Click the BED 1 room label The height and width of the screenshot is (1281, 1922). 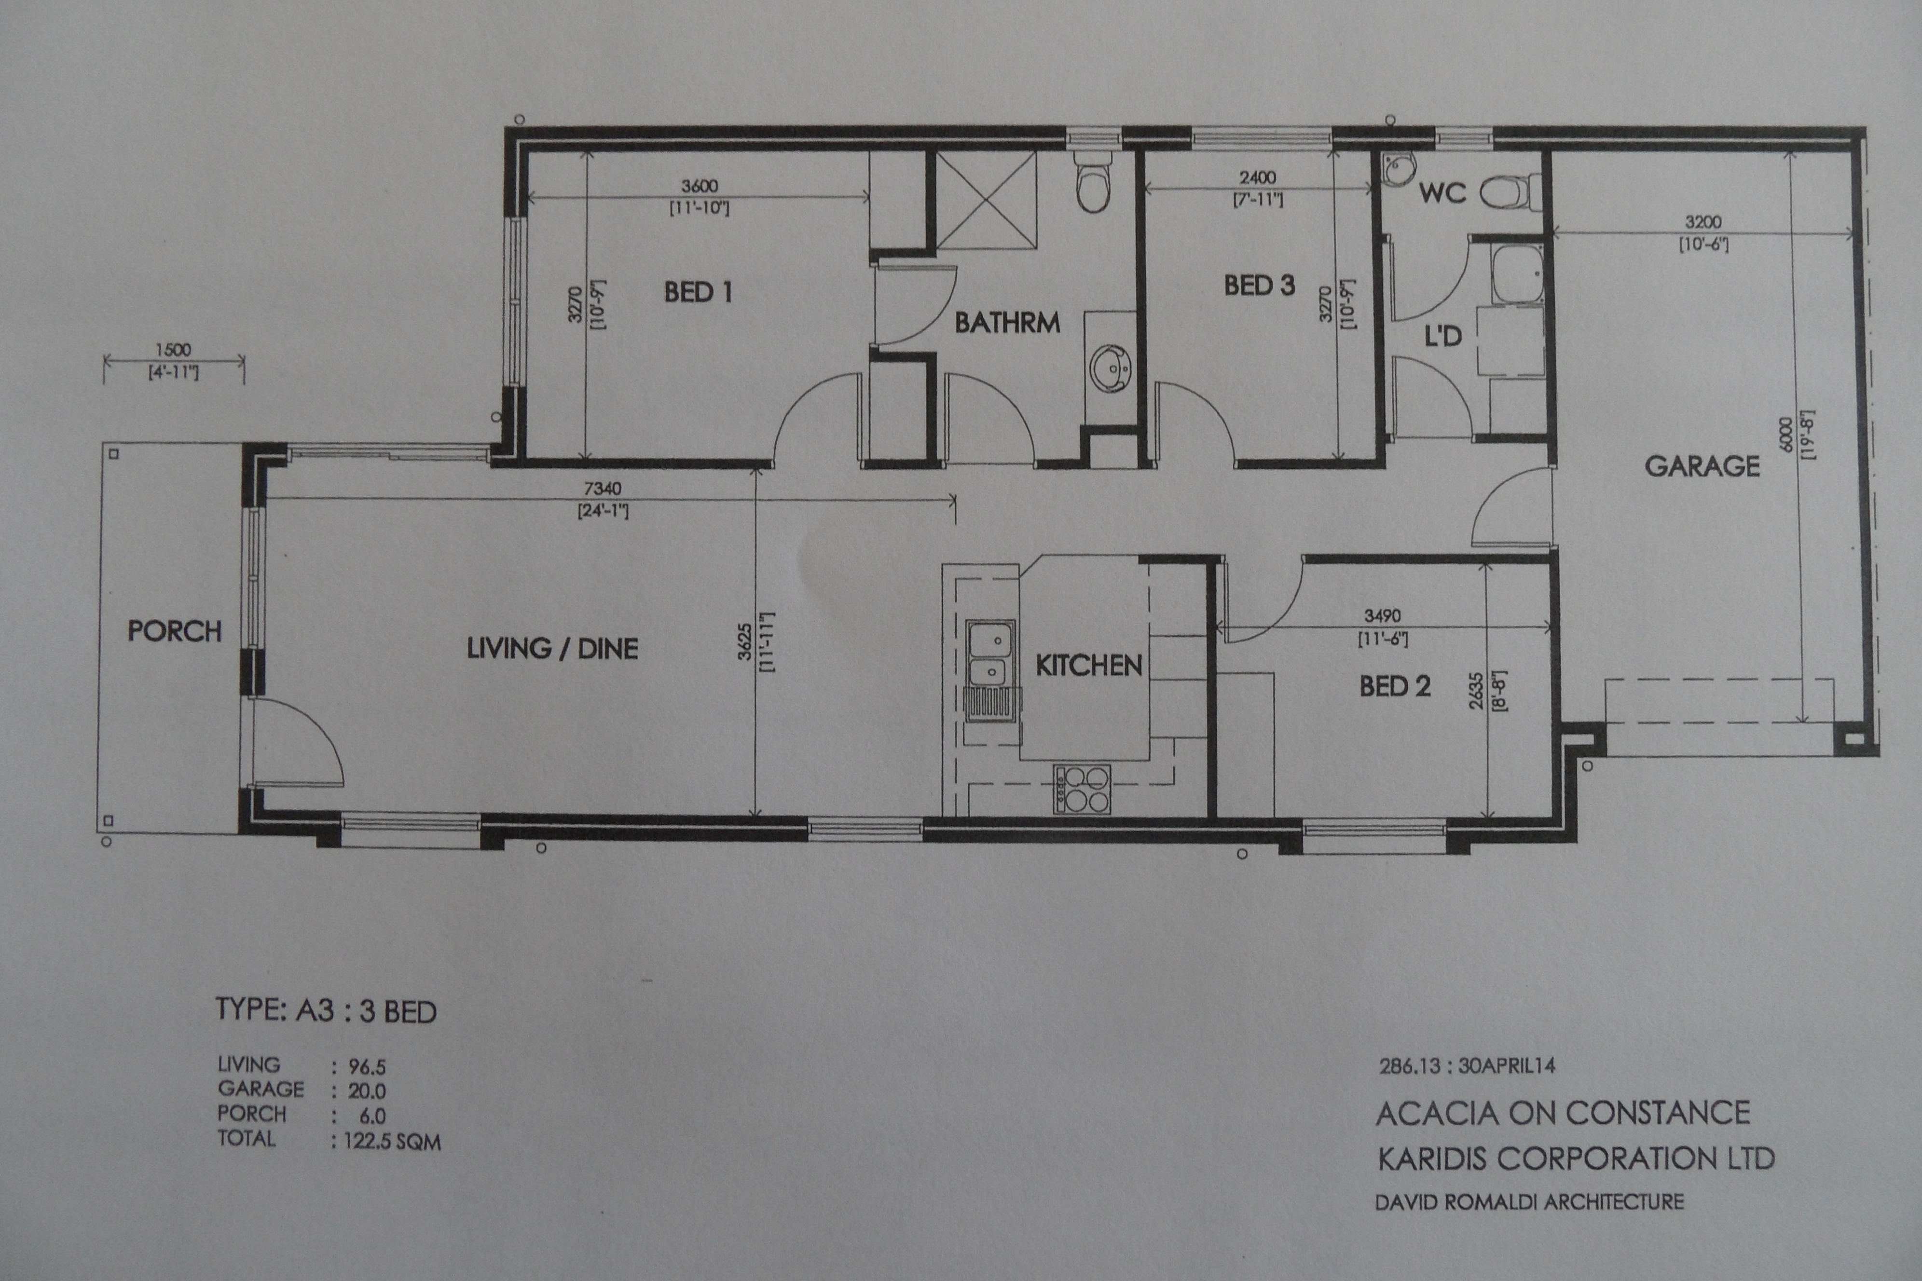tap(698, 292)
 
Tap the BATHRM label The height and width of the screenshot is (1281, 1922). tap(1008, 323)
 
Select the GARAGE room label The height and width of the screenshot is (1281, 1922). tap(1702, 466)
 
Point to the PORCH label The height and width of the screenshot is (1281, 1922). tap(174, 631)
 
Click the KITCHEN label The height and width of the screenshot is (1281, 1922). tap(1088, 666)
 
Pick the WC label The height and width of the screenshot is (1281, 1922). tap(1442, 193)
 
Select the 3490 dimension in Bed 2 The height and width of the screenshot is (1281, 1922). tap(1383, 616)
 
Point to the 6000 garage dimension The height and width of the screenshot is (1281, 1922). tap(1785, 433)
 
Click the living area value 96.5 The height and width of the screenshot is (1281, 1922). tap(367, 1067)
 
